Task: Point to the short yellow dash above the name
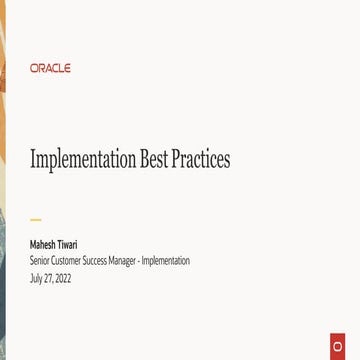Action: pos(36,219)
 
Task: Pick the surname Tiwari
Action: pos(67,243)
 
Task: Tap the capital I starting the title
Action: pos(33,159)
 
